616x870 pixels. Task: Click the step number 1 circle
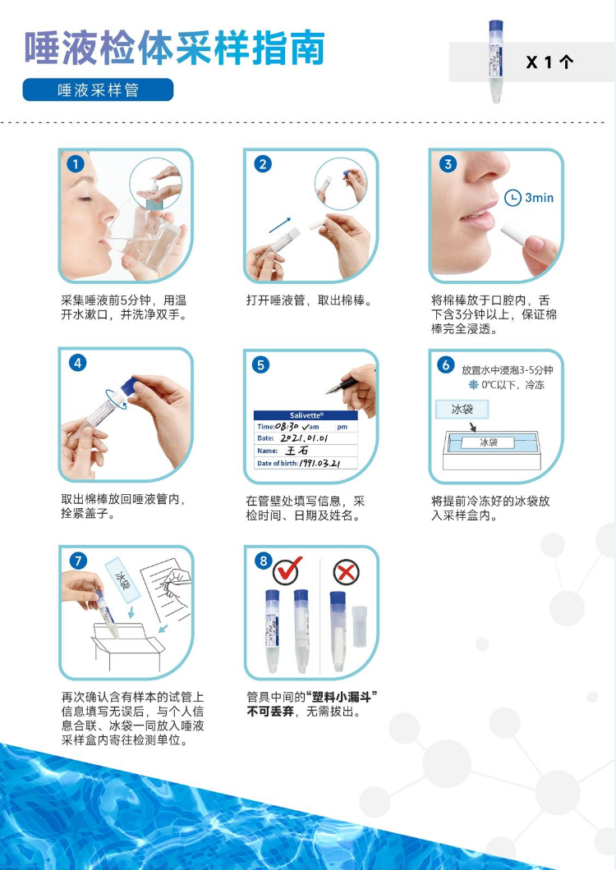point(76,164)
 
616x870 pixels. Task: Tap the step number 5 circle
point(260,365)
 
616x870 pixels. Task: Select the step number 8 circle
point(264,561)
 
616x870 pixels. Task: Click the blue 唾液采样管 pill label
point(98,90)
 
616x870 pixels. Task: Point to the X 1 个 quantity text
point(549,62)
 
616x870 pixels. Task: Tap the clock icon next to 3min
point(513,198)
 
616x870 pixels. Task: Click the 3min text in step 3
point(540,198)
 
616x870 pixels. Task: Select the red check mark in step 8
point(288,570)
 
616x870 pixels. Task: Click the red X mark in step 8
point(346,572)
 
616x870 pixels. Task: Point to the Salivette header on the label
point(306,415)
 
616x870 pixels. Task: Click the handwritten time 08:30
point(287,427)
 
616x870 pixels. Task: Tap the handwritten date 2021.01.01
point(304,438)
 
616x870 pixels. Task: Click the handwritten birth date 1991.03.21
point(320,463)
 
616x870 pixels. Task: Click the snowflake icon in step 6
point(473,384)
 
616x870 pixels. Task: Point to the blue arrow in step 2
point(280,225)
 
